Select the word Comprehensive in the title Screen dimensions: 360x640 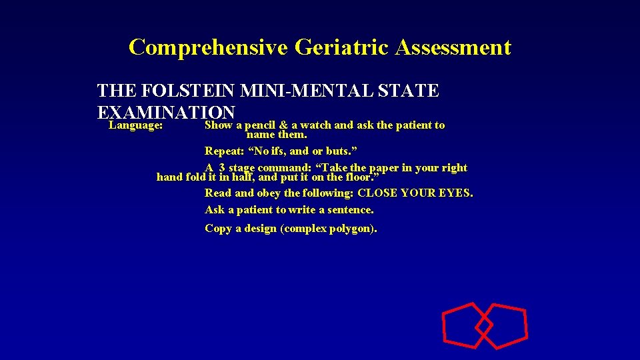208,47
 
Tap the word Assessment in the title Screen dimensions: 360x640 453,47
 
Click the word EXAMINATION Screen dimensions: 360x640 166,111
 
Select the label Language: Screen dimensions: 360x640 136,125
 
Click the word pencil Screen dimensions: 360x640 265,125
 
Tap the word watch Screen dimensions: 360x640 315,125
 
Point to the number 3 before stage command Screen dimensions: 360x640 221,168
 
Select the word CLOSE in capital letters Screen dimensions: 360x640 375,193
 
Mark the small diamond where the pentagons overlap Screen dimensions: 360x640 484,325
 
